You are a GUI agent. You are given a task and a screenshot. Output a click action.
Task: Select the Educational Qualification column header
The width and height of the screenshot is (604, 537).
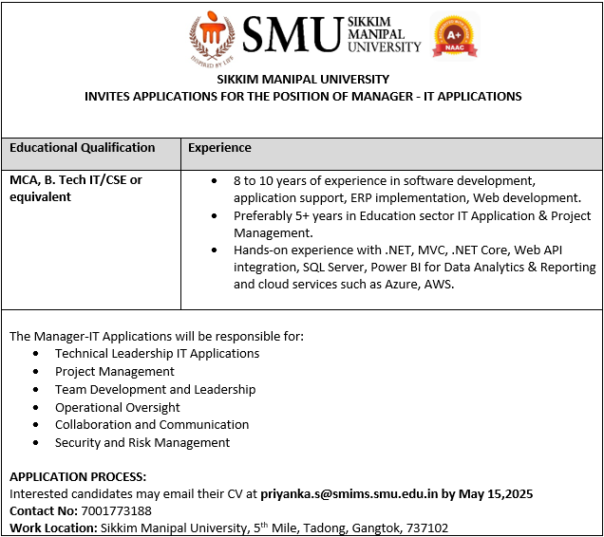(82, 148)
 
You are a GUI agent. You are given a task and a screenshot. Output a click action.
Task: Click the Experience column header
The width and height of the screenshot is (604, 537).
(219, 148)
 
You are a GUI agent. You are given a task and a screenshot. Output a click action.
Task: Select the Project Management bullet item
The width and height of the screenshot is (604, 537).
(115, 372)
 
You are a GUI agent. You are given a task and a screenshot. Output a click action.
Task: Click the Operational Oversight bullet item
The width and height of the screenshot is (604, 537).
(118, 407)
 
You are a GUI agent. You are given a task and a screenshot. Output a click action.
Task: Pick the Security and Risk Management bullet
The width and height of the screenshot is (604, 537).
(142, 442)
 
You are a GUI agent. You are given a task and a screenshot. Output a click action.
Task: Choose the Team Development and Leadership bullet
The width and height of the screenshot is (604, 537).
(155, 389)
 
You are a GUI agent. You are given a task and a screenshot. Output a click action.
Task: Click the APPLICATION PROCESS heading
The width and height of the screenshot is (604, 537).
(78, 476)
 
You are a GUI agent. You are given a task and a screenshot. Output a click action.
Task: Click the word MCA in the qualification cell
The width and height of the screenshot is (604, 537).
(24, 180)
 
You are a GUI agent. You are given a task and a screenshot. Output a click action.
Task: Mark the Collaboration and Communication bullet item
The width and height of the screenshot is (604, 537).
(152, 424)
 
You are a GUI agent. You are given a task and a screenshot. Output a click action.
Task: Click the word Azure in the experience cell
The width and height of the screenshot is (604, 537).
(403, 285)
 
